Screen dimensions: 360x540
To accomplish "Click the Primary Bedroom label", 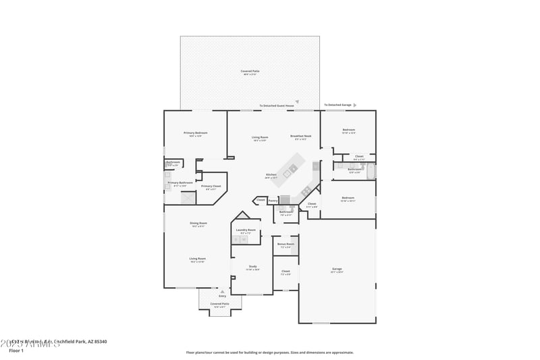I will (196, 133).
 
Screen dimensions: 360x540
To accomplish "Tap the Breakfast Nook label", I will (300, 136).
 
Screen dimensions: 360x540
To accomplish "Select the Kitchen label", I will (271, 175).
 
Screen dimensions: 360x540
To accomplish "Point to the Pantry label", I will (273, 200).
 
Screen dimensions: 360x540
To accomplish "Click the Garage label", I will (336, 269).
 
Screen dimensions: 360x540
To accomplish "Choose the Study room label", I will (252, 266).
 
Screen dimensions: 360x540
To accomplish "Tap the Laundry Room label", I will (246, 230).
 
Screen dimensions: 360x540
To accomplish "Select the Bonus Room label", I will (286, 244).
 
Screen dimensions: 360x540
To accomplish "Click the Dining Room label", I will (198, 223).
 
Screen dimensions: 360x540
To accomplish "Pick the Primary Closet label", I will (211, 186).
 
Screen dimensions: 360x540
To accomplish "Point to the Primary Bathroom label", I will (180, 182).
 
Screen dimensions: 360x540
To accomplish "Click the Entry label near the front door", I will (222, 296).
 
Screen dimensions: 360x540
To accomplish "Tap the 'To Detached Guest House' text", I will (277, 106).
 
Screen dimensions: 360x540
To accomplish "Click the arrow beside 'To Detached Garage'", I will (355, 105).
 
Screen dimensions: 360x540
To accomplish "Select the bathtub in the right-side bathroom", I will (372, 171).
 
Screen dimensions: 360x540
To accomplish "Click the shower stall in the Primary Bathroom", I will (188, 198).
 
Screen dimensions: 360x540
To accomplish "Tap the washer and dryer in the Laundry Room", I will (246, 239).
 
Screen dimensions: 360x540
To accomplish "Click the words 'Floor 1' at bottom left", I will (16, 351).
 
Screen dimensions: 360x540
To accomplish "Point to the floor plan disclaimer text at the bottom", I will (270, 352).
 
